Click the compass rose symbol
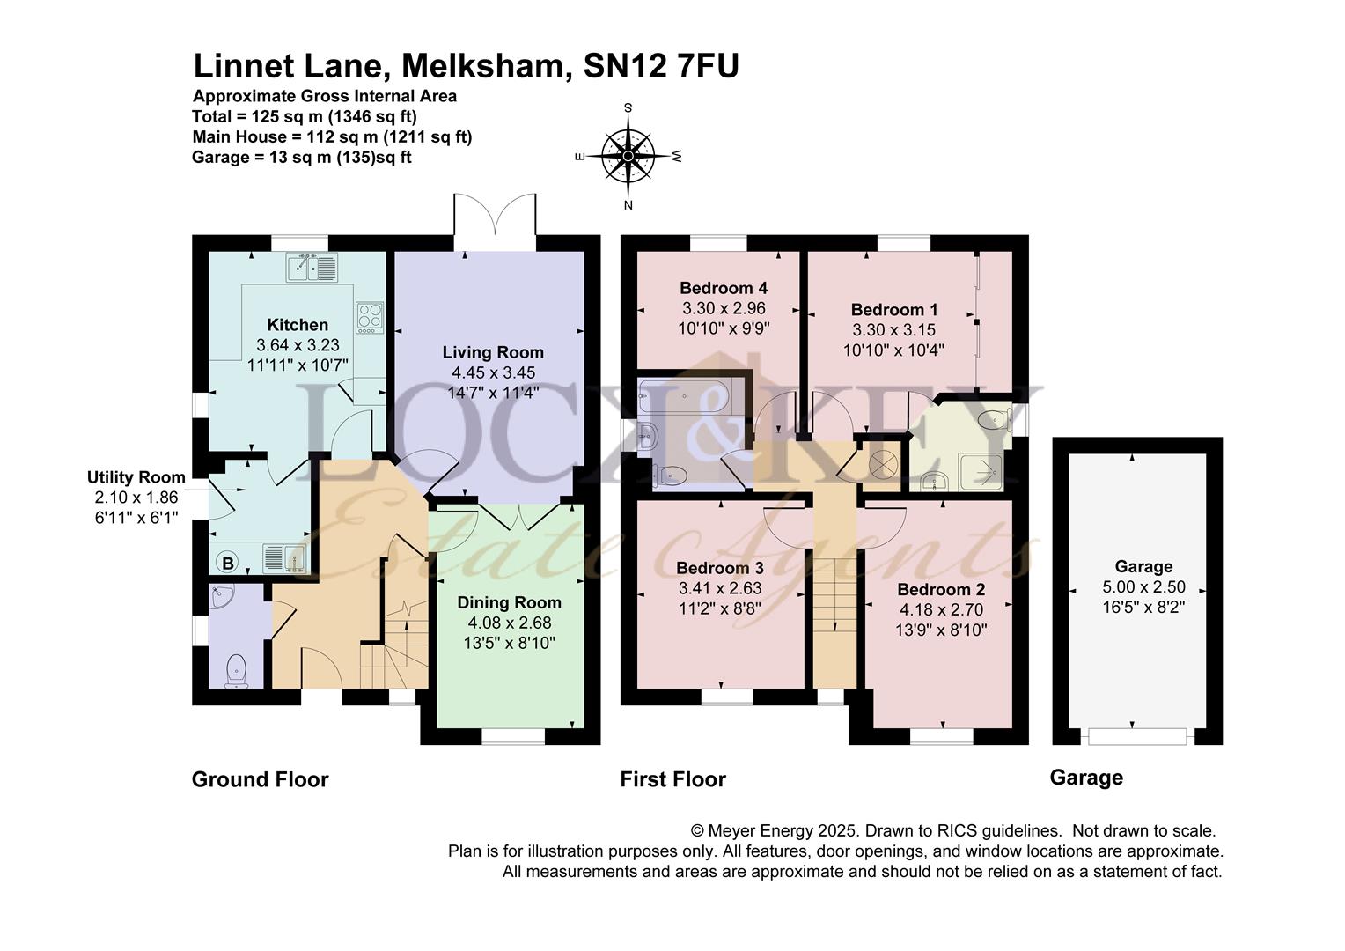628,156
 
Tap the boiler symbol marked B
228,563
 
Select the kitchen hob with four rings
370,317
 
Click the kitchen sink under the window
312,268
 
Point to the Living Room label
493,352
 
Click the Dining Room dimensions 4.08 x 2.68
509,623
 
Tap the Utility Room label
136,477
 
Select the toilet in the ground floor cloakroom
237,671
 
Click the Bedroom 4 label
724,288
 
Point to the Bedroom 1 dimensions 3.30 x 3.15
894,330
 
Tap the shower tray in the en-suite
980,472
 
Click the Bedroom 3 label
720,568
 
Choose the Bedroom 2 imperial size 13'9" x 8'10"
942,630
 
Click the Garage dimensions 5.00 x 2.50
1143,587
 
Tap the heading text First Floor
673,779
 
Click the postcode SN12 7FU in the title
661,66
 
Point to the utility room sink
285,557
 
